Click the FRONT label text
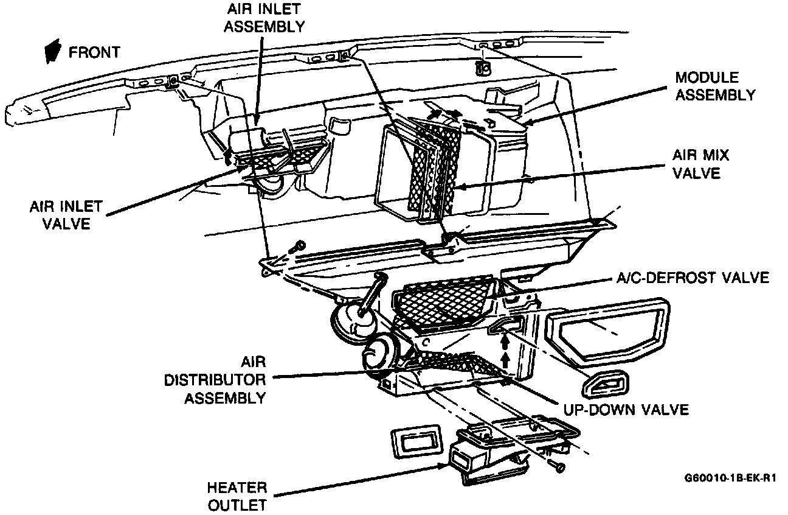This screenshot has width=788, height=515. [x=94, y=52]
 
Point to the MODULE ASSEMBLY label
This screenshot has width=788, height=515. [x=716, y=86]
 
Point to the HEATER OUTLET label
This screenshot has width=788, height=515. [x=237, y=496]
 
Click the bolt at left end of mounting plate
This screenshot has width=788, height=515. [x=298, y=247]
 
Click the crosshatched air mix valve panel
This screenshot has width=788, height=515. [x=433, y=171]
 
